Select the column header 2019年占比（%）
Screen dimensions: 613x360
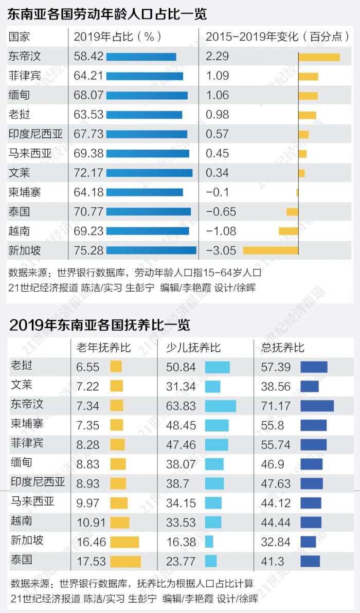118,37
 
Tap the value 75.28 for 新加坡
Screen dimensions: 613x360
89,250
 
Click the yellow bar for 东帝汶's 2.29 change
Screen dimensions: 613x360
319,57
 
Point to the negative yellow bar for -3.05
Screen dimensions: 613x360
271,250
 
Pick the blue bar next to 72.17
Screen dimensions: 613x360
149,173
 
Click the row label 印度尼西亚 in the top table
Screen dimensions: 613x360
35,134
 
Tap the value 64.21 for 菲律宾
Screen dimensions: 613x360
89,76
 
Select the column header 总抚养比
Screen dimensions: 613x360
283,348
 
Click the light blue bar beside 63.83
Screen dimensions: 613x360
220,406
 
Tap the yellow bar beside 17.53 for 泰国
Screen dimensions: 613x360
125,561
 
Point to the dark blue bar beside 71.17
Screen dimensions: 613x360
317,406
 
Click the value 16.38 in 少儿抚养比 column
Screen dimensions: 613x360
181,542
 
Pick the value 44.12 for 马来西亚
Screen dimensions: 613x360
276,503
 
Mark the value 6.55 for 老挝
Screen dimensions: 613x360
87,367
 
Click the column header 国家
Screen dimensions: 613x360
20,37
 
